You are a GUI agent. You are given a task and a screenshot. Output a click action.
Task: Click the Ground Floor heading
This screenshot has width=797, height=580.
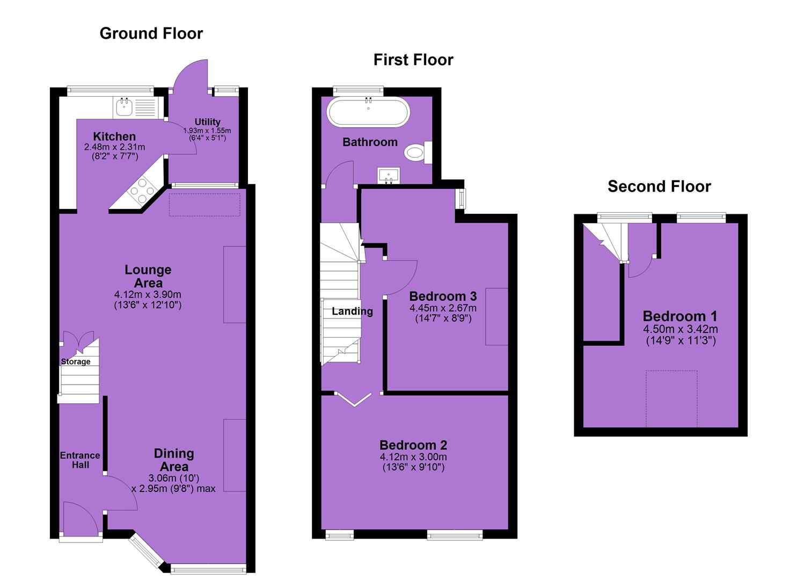[x=151, y=34]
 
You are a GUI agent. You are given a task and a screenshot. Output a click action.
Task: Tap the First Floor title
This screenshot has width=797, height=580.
[x=413, y=60]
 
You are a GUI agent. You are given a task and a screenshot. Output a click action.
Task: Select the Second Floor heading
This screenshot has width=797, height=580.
[x=659, y=186]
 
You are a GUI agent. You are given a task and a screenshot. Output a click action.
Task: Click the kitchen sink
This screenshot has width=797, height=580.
[x=125, y=107]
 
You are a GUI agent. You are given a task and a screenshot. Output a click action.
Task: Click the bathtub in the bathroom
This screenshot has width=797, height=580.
[x=368, y=112]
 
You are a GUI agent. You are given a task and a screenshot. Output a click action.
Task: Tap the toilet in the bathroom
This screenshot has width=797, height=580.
[x=418, y=153]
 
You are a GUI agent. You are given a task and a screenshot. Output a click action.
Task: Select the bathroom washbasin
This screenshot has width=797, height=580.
[x=388, y=176]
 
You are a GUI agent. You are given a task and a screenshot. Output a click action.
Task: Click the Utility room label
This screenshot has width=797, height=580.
[x=207, y=122]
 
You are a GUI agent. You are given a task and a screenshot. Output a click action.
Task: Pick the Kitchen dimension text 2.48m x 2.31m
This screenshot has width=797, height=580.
[x=114, y=147]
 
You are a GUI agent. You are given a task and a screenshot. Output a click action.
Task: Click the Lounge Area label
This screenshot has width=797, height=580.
[x=148, y=276]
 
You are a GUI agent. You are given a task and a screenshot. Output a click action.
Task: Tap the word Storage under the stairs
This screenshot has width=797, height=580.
[x=76, y=362]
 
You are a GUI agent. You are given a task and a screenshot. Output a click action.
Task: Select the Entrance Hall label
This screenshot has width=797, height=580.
[x=80, y=460]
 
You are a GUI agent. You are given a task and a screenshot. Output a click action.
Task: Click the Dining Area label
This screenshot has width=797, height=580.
[x=174, y=460]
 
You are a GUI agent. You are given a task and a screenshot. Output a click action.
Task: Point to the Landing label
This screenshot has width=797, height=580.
[x=352, y=311]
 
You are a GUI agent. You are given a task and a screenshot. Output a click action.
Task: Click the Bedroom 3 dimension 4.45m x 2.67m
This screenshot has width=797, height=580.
[x=443, y=308]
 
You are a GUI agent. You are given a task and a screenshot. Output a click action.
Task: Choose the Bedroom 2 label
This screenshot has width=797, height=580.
[x=413, y=445]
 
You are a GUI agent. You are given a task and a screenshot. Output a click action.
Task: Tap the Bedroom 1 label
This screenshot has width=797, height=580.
[x=680, y=316]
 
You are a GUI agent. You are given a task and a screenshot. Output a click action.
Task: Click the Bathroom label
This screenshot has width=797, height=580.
[x=370, y=142]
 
